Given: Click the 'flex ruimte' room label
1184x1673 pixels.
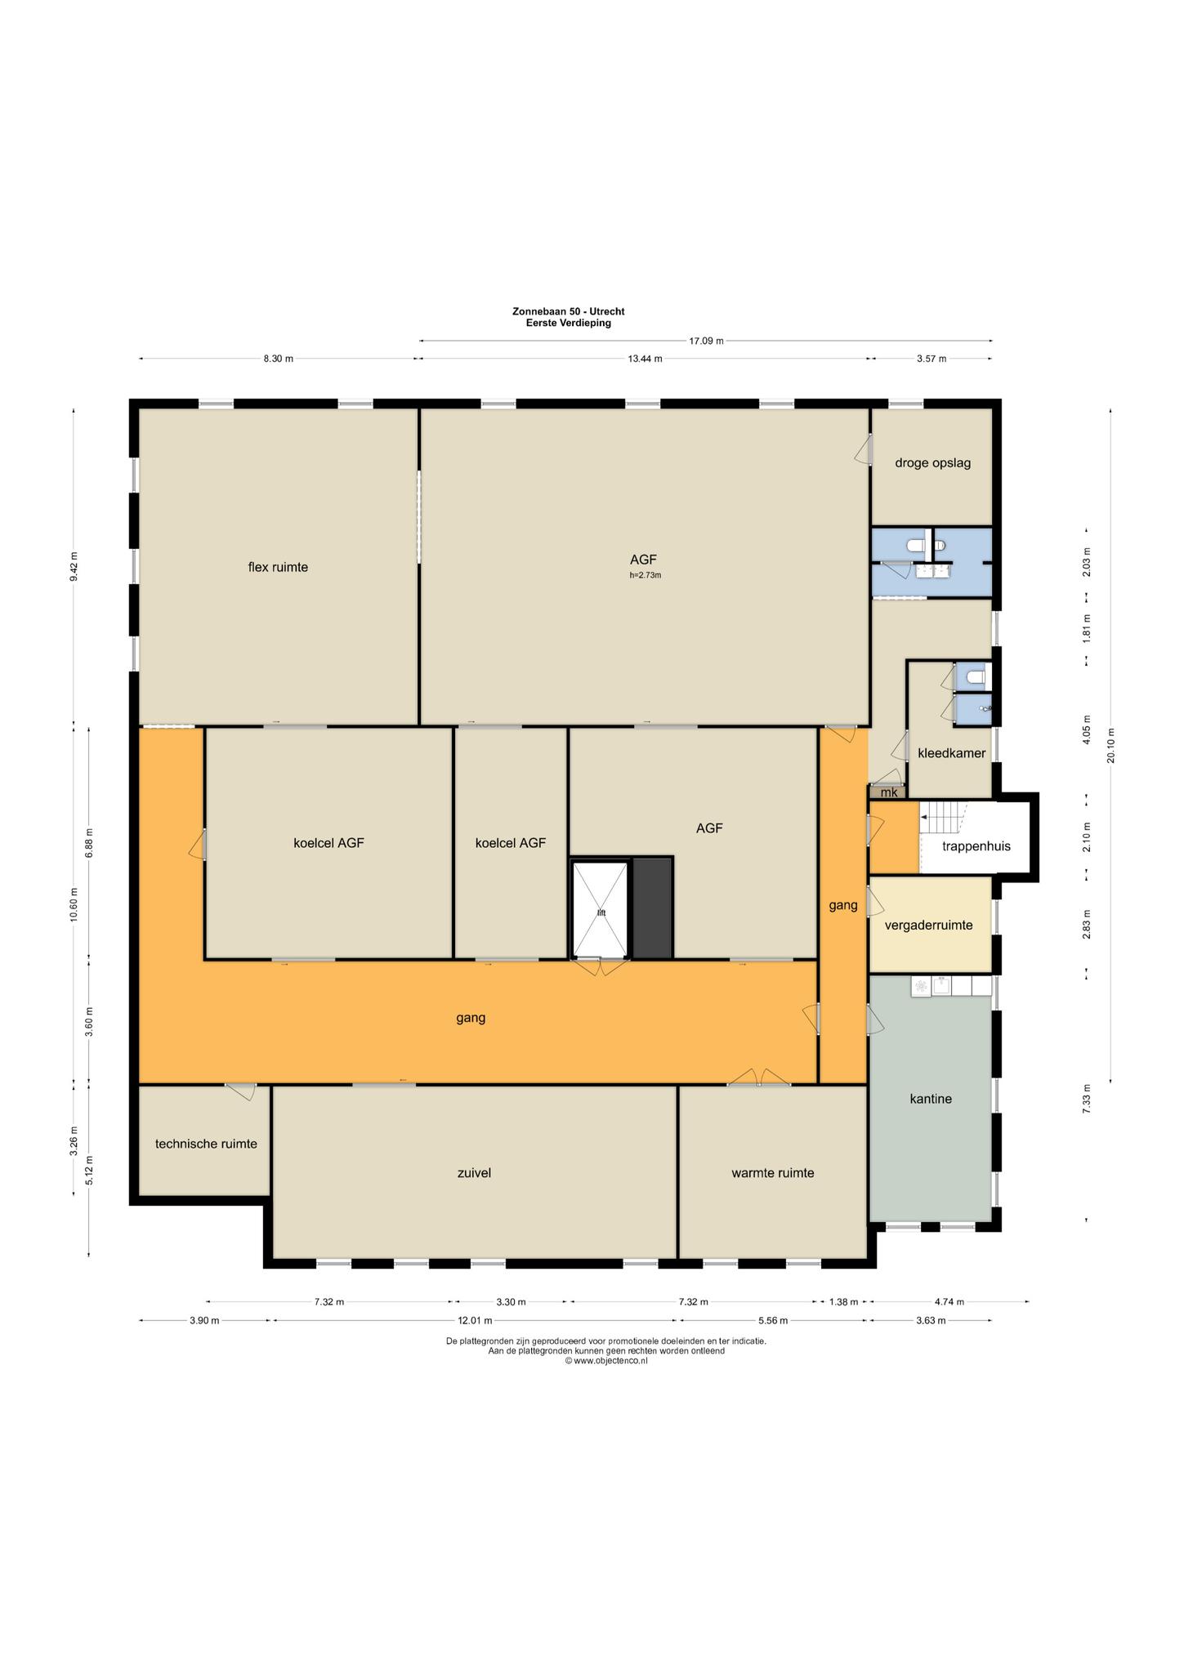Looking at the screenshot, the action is [278, 567].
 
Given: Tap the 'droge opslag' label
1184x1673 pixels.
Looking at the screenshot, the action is [932, 463].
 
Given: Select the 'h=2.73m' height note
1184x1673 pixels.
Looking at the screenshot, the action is [645, 575].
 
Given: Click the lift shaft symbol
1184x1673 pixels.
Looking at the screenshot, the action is [601, 909].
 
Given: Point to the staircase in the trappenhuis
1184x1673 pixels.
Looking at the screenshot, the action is [944, 817].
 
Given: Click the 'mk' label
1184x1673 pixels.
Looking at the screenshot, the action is [889, 792].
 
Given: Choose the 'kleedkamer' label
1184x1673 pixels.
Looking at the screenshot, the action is [951, 753].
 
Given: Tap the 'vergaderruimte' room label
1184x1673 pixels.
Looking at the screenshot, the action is [929, 926].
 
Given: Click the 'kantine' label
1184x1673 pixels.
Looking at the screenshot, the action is [931, 1099].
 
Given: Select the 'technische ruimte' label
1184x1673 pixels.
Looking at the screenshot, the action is [206, 1144].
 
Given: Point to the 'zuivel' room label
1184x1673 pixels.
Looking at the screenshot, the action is [474, 1173].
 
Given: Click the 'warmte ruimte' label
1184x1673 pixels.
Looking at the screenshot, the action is [772, 1173].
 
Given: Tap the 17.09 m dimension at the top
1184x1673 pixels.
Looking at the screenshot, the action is [707, 341].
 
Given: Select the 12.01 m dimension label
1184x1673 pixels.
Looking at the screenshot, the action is [475, 1321].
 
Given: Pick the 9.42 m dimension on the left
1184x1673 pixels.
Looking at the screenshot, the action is [74, 567].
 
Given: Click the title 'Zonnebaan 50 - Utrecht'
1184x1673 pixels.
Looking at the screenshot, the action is [569, 311].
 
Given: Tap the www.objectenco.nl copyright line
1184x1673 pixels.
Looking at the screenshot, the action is [606, 1361].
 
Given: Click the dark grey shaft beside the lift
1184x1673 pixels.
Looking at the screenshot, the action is [653, 908].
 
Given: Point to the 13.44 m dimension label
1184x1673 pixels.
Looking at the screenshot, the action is [645, 359].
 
